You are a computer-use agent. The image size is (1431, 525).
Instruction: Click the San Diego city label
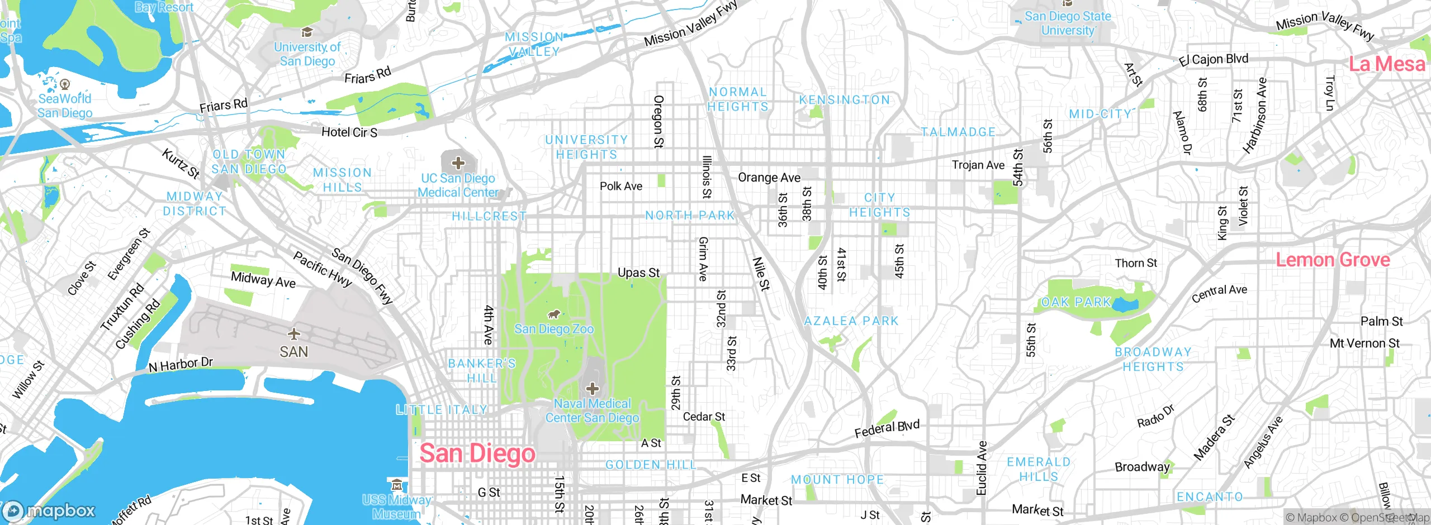point(477,454)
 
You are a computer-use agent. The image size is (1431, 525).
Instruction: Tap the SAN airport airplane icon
point(293,335)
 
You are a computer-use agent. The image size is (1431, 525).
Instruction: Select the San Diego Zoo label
point(553,329)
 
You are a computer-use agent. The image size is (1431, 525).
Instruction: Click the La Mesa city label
point(1386,64)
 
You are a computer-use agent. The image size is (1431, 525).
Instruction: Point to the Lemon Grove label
point(1333,260)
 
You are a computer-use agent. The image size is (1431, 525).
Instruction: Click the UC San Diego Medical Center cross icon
point(458,163)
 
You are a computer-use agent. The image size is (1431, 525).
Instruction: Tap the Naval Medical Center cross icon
point(593,389)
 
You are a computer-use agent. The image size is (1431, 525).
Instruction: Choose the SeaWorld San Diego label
point(65,106)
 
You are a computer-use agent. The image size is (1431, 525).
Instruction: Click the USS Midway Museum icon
point(396,484)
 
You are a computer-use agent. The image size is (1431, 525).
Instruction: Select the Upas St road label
point(638,273)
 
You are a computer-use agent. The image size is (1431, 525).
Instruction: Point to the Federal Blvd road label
point(887,429)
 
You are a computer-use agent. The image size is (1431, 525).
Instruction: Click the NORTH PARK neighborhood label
point(690,216)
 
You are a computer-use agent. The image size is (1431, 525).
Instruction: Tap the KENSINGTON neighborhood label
point(844,100)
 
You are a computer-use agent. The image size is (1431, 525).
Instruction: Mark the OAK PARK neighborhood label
point(1076,302)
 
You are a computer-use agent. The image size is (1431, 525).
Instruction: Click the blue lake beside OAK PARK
point(1126,306)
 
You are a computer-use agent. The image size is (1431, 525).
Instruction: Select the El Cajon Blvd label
point(1214,59)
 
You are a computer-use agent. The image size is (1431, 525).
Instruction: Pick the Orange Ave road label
point(769,178)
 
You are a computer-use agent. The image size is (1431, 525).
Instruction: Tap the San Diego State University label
point(1068,23)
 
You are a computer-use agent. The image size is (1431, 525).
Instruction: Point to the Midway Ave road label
point(263,279)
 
